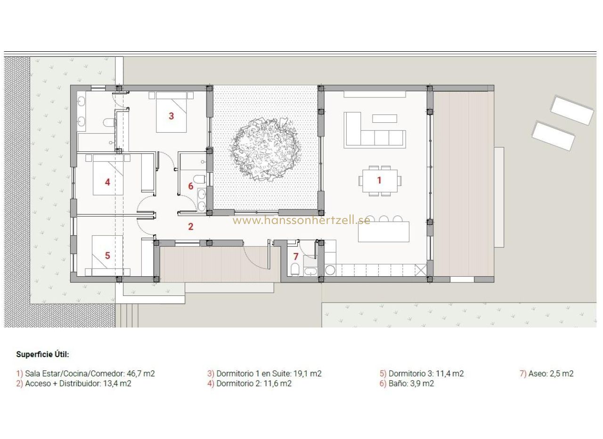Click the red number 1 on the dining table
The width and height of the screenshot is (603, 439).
click(x=379, y=180)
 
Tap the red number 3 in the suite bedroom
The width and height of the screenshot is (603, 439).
click(x=171, y=116)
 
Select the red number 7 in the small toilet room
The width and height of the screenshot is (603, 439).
click(x=296, y=257)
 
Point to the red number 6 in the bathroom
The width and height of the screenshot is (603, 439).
click(x=191, y=186)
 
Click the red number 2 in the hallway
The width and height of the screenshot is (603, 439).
click(x=191, y=227)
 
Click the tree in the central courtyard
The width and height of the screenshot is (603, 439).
click(x=265, y=149)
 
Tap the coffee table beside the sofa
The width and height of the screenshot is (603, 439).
click(x=384, y=119)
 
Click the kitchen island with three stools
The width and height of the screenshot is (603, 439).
click(x=383, y=231)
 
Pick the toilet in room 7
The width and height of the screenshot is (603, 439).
click(x=295, y=269)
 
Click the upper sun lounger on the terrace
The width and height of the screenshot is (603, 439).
click(x=572, y=110)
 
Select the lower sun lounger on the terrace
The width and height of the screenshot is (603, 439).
click(x=554, y=136)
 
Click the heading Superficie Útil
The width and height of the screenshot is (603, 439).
click(x=42, y=354)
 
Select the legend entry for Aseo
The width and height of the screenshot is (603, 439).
click(x=547, y=374)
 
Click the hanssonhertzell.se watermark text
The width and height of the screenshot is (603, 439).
click(x=301, y=220)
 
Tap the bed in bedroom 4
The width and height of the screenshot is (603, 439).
click(x=108, y=175)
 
